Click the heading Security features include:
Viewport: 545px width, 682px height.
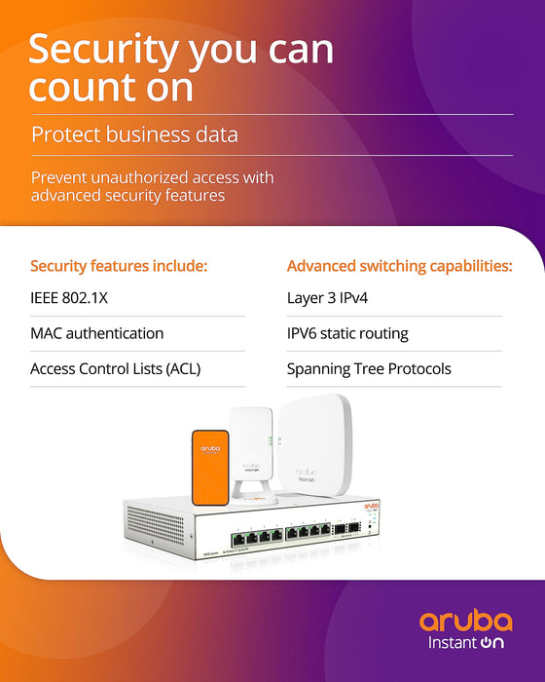click(x=119, y=266)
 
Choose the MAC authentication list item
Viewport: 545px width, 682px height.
click(x=96, y=333)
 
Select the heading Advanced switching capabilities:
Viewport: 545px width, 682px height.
click(x=399, y=266)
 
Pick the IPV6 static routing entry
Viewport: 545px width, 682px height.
click(x=347, y=333)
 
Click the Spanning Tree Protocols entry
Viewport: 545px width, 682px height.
click(x=369, y=369)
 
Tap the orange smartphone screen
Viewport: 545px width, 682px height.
click(x=209, y=466)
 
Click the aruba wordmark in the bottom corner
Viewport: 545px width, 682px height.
click(x=466, y=621)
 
